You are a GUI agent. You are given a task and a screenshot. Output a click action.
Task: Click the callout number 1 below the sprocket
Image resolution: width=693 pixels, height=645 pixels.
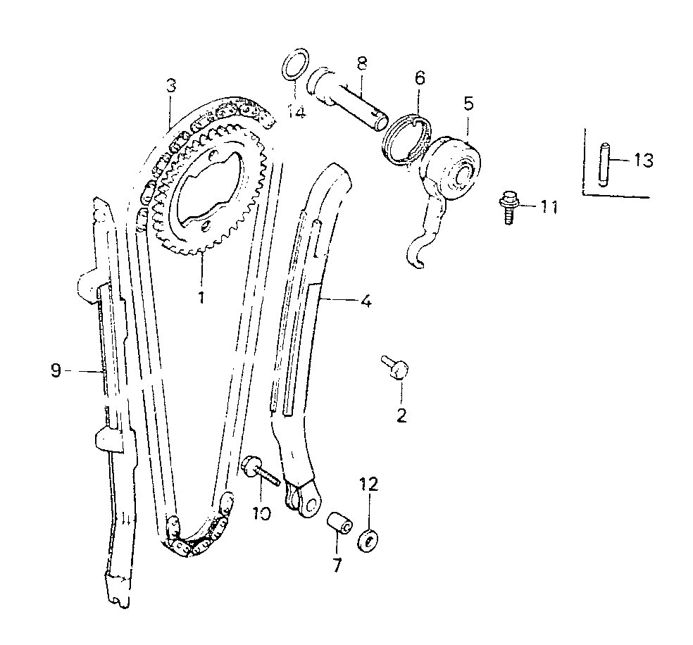(x=201, y=297)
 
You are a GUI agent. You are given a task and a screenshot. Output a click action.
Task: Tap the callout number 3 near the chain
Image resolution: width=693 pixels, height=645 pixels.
(x=171, y=85)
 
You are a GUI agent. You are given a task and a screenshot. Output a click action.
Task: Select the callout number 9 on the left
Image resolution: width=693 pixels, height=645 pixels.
(x=56, y=370)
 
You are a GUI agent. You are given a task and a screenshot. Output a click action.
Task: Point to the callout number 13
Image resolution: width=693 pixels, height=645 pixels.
(x=644, y=161)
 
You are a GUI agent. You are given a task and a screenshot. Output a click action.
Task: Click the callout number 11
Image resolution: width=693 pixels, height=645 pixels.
(x=549, y=206)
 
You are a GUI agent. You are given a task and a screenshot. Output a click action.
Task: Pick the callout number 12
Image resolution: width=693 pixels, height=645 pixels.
(x=369, y=484)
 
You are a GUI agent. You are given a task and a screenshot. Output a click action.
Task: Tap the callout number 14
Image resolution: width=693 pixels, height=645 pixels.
(x=296, y=112)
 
